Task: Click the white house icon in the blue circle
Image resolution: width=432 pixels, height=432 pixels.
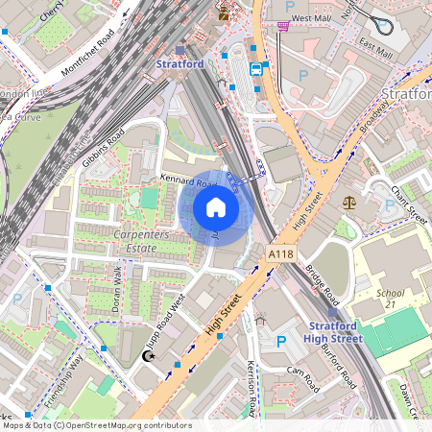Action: [x=216, y=207]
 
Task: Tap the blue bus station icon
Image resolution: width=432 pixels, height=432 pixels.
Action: [x=256, y=69]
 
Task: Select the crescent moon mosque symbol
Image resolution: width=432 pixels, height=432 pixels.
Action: [x=148, y=356]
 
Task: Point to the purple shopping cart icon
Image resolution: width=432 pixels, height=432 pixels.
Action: [x=282, y=26]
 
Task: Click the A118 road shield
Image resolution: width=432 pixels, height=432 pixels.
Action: [x=281, y=254]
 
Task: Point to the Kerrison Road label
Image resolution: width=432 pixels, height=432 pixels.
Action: [x=252, y=390]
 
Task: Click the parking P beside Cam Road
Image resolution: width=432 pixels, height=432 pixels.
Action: [x=280, y=341]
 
